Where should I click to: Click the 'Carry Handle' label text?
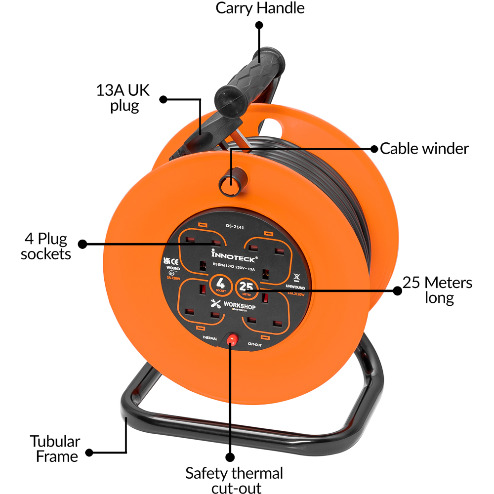point(260,8)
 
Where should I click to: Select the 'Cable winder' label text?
point(424,148)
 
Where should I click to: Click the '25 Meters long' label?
point(437,290)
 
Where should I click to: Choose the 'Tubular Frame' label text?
point(54,448)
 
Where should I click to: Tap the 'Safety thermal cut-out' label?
point(234,480)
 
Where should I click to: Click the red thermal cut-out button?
point(231,339)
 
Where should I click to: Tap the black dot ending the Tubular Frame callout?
point(89,453)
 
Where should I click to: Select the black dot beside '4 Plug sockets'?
point(82,244)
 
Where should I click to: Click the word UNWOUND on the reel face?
point(295,286)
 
